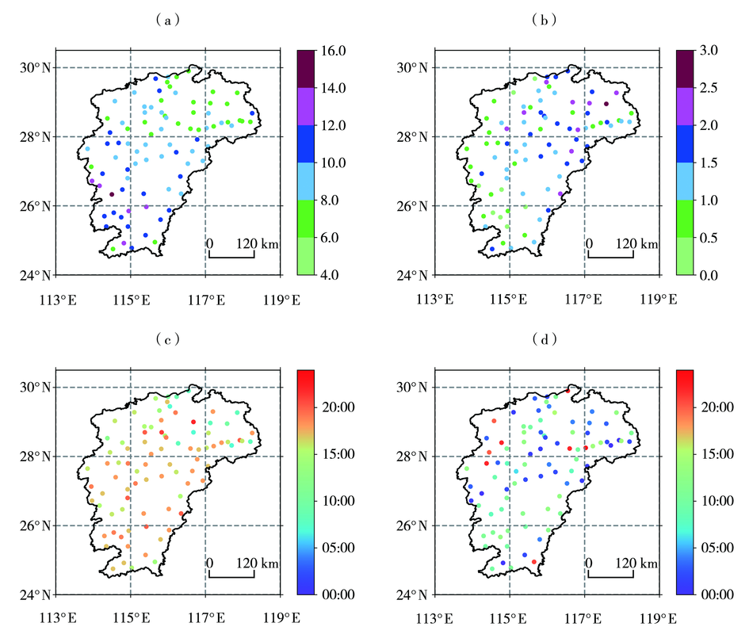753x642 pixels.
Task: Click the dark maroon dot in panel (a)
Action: pos(112,194)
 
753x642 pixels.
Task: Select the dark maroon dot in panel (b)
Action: pos(607,104)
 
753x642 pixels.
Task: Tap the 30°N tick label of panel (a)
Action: pos(36,67)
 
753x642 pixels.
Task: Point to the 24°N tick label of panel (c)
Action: pos(36,595)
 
